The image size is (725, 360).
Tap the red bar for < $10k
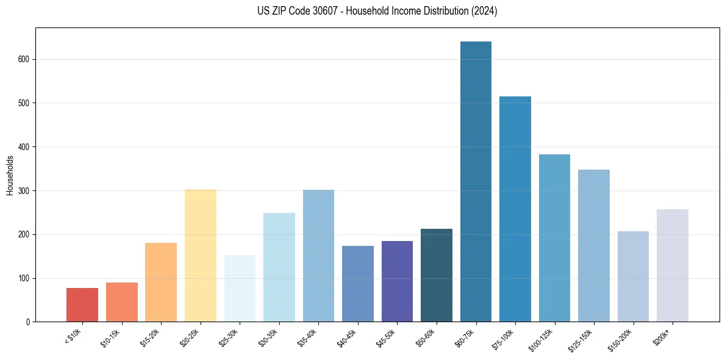82,305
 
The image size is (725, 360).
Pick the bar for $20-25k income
201,256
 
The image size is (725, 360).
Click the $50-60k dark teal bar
437,275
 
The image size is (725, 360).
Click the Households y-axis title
10,175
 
